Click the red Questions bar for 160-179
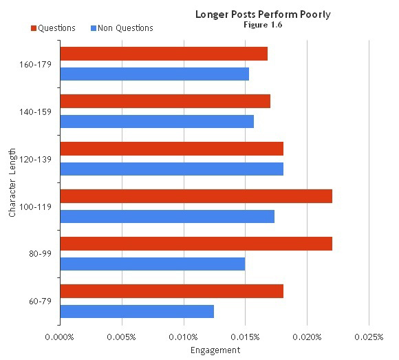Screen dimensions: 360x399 click(164, 54)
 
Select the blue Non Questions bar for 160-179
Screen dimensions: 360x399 click(155, 74)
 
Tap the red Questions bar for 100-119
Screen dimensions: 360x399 click(196, 196)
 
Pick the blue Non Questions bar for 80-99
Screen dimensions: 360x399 click(153, 264)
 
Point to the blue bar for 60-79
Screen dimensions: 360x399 click(137, 311)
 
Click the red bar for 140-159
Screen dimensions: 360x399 click(165, 101)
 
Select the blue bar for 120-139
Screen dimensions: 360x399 click(172, 169)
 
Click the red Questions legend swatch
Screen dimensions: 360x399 click(33, 28)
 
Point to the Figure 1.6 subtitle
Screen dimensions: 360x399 click(263, 25)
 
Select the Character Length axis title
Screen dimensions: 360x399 click(12, 187)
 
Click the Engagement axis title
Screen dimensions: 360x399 click(215, 350)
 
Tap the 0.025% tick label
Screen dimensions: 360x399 click(369, 337)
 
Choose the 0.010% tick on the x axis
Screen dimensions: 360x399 click(184, 337)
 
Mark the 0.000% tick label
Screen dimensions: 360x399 click(61, 337)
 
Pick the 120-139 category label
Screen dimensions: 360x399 click(39, 159)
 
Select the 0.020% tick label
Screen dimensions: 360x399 click(307, 337)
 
